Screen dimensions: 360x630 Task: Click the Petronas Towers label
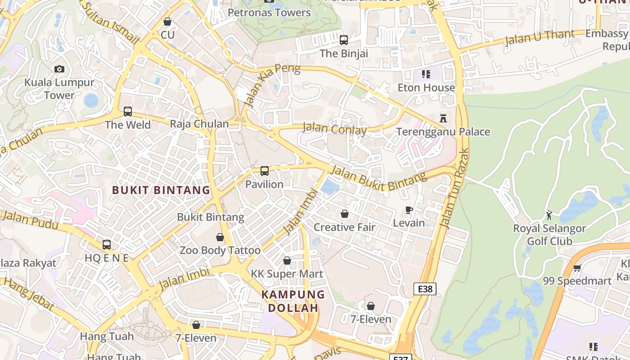tap(269, 13)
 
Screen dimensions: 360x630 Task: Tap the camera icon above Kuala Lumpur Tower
tap(59, 69)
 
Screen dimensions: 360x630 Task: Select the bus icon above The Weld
tap(128, 111)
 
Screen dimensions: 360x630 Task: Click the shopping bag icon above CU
tap(167, 22)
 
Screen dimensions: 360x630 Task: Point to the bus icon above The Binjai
tap(344, 40)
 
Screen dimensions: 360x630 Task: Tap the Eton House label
tap(426, 87)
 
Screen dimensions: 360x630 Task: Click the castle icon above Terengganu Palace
tap(443, 118)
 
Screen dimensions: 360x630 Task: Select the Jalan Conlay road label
tap(334, 129)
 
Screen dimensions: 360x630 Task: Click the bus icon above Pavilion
tap(265, 171)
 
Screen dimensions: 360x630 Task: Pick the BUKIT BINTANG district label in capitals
tap(161, 190)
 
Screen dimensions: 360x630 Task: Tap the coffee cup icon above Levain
tap(409, 210)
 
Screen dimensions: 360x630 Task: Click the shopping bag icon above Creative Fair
tap(344, 214)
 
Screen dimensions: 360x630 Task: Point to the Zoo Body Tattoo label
tap(220, 250)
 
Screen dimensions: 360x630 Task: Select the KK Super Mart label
tap(287, 274)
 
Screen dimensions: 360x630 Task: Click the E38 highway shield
tap(425, 289)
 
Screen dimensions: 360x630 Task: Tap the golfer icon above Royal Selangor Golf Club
tap(549, 215)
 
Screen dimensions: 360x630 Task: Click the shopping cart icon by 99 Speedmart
tap(577, 268)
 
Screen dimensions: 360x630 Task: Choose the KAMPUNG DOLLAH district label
tap(293, 301)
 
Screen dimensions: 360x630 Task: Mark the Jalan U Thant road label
tap(540, 38)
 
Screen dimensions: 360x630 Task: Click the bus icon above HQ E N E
tap(107, 245)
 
